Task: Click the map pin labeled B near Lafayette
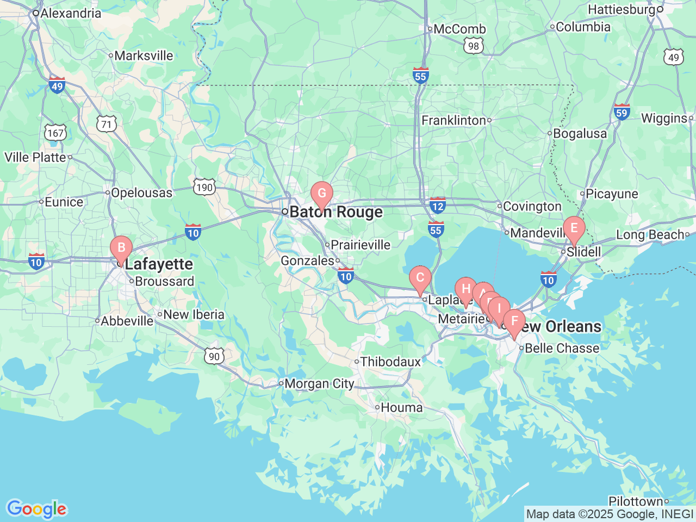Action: tap(121, 248)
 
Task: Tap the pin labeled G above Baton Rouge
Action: tap(322, 194)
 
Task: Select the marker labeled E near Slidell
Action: tap(574, 228)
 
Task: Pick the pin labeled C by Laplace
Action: tap(420, 278)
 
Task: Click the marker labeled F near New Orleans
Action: tap(514, 321)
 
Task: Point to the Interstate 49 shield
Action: tap(57, 85)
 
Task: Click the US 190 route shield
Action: tap(204, 188)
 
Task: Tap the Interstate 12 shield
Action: tap(437, 206)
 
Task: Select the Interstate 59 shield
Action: tap(622, 112)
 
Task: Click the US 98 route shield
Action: tap(474, 46)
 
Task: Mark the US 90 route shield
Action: tap(214, 356)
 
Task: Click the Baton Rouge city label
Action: tap(335, 212)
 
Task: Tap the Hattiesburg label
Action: tap(622, 10)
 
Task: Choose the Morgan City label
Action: tap(319, 384)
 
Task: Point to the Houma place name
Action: tap(401, 407)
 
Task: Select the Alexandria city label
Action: tap(71, 13)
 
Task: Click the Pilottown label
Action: tap(636, 501)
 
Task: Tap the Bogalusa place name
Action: tap(580, 134)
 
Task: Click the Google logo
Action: tap(36, 509)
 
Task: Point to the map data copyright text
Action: tap(610, 514)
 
